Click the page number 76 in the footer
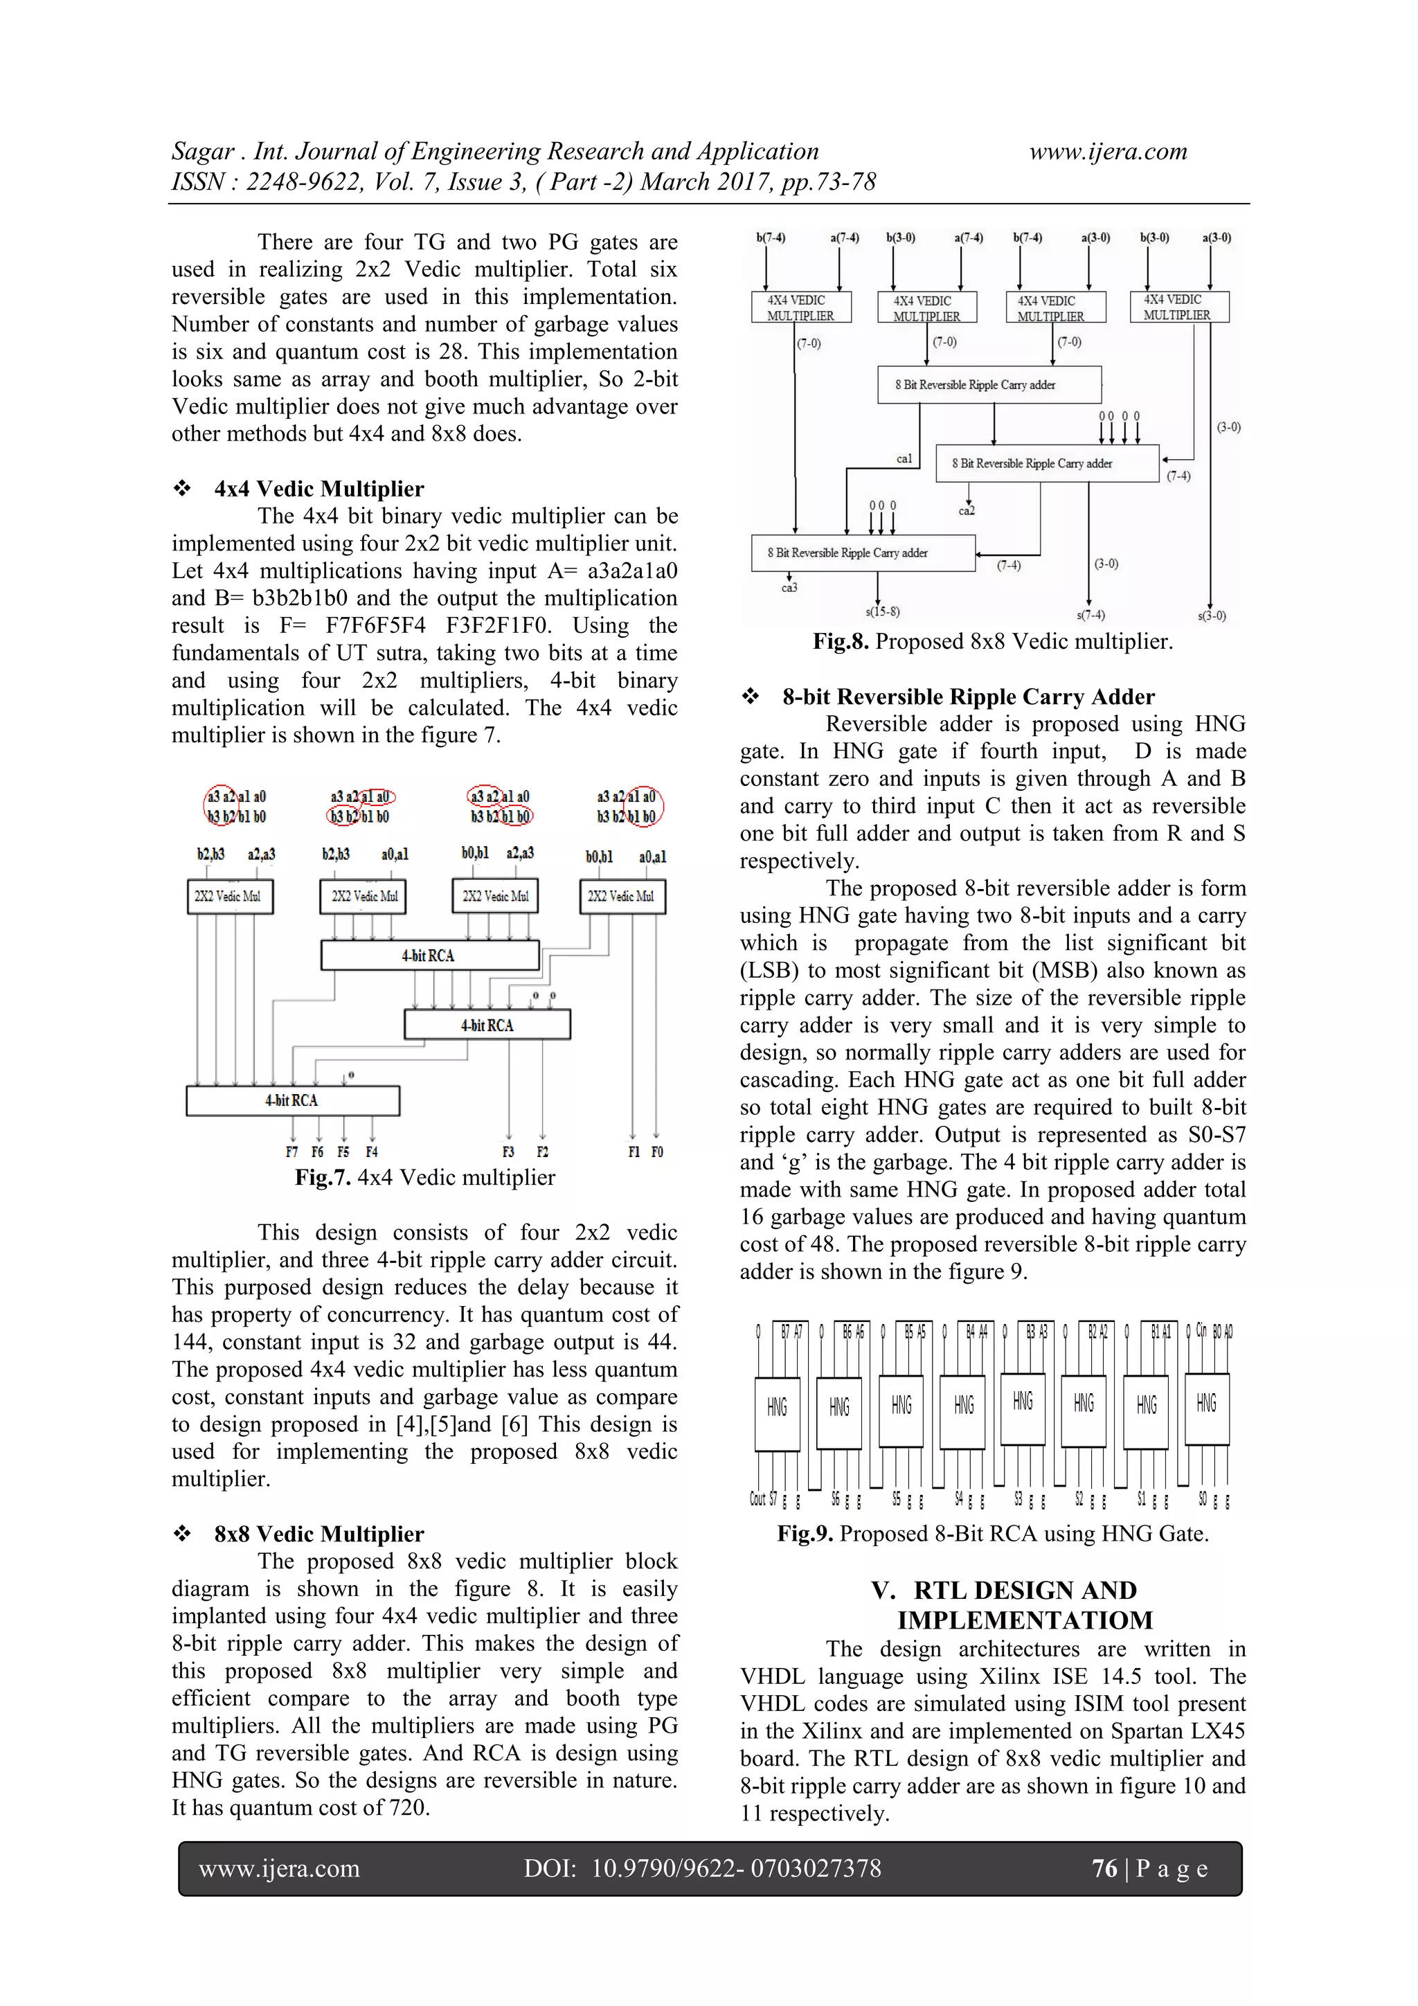(1104, 1868)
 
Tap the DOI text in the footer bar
(701, 1868)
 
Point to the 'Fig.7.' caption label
(323, 1177)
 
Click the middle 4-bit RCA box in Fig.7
(487, 1025)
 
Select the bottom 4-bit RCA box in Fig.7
(293, 1100)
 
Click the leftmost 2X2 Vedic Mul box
(230, 897)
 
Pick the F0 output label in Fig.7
(657, 1152)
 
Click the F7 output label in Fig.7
(291, 1152)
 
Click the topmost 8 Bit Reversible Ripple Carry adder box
(988, 384)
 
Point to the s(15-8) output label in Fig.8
(881, 611)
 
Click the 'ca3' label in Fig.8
(789, 588)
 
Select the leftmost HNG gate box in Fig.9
(777, 1406)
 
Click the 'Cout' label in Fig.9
(757, 1499)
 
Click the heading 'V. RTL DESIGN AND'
(1004, 1590)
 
